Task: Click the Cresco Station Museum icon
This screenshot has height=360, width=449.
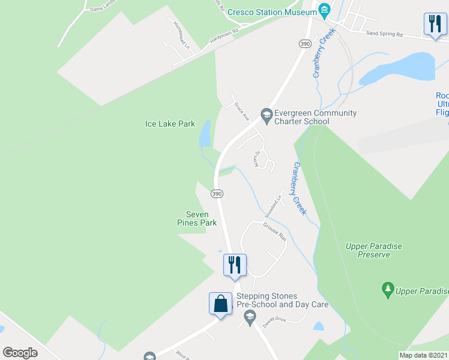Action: [x=325, y=10]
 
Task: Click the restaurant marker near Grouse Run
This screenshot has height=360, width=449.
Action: [x=235, y=265]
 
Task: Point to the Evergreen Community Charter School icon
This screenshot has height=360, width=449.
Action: [x=266, y=113]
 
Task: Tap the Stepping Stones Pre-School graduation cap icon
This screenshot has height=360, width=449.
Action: [x=249, y=315]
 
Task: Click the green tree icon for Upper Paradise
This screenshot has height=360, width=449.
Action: [x=388, y=291]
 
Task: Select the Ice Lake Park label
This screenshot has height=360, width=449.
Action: [x=170, y=124]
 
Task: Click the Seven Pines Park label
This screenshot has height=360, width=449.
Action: [x=197, y=218]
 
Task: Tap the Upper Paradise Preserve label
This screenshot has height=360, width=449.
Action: [x=373, y=250]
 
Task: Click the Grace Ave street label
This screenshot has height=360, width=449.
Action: [x=242, y=111]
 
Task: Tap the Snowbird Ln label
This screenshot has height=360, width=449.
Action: [x=273, y=205]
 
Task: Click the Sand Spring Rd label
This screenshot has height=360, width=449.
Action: [x=384, y=34]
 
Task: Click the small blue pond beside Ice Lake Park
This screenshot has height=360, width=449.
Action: [x=205, y=133]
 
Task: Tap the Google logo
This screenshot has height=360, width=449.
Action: [x=20, y=353]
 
